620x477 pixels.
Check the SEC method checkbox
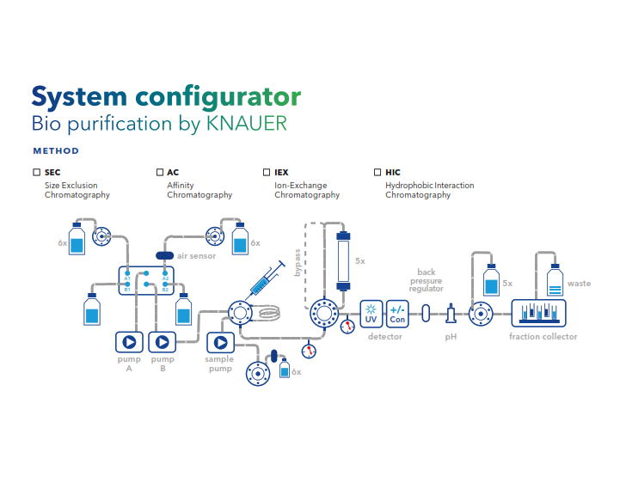[x=36, y=173]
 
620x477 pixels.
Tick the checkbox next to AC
[x=160, y=173]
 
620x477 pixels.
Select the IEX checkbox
[x=267, y=173]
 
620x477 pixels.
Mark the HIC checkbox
[x=378, y=173]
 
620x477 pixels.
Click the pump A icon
[x=128, y=341]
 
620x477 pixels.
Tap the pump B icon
[x=162, y=341]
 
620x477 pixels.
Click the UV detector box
[x=371, y=313]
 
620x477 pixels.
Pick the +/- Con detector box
[x=397, y=313]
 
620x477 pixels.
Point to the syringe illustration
[x=267, y=280]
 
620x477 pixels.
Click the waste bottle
[x=554, y=282]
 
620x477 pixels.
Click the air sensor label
[x=197, y=256]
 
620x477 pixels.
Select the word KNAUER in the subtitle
[x=247, y=124]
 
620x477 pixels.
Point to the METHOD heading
[x=56, y=151]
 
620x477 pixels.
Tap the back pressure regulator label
[x=427, y=281]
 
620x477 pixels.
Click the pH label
[x=451, y=337]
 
